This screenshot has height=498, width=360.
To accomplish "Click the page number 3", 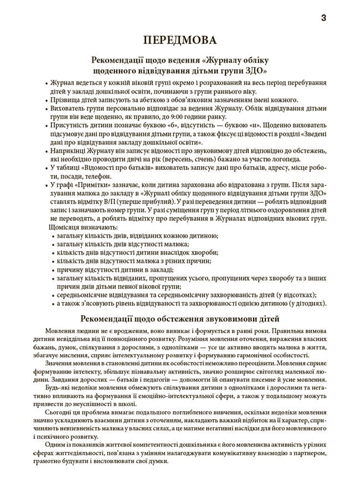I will [x=323, y=18].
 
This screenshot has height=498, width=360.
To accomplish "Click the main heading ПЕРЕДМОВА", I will [x=179, y=40].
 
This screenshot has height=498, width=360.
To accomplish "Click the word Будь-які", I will [x=60, y=387].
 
